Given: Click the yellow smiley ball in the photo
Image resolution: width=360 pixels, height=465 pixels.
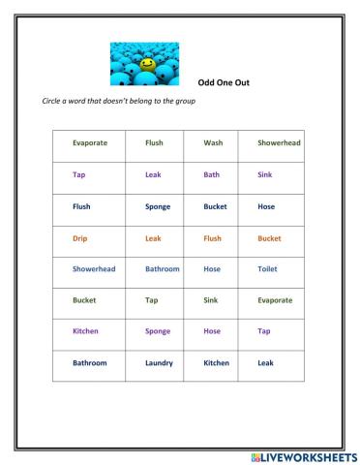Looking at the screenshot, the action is click(x=147, y=64).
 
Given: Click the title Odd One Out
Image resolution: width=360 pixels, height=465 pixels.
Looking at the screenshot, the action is click(x=223, y=82).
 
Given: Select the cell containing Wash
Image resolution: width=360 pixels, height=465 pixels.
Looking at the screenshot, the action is click(x=213, y=142).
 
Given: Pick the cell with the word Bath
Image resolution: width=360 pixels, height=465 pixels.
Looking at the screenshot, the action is click(x=212, y=174).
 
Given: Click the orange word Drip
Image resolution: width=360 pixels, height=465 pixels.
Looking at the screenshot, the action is click(x=79, y=237).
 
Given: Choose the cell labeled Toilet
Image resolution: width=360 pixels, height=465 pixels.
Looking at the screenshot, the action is click(x=268, y=268).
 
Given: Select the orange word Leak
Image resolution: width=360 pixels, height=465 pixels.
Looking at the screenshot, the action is click(x=153, y=237).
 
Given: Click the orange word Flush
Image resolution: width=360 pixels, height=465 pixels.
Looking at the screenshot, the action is click(x=212, y=237).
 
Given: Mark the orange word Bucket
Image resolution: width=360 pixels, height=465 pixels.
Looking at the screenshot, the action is click(x=269, y=237).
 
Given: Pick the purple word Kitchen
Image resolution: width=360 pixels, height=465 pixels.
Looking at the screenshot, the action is click(x=85, y=330).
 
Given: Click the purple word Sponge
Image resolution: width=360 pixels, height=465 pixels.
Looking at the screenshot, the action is click(x=157, y=330).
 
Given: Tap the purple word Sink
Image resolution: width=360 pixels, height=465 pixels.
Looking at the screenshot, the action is click(x=265, y=174).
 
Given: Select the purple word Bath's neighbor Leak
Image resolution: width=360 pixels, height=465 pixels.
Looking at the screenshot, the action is click(x=153, y=174).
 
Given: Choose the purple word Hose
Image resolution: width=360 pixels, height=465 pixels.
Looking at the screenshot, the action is click(x=212, y=330).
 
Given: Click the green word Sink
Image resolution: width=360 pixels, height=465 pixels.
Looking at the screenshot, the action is click(x=211, y=300).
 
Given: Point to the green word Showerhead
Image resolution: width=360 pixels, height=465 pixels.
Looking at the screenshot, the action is click(x=279, y=142).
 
